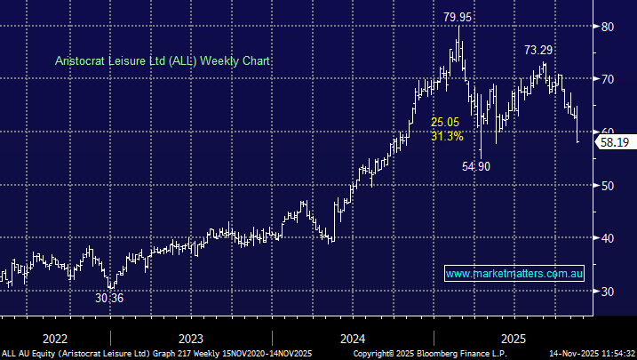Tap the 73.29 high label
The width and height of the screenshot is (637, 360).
(x=540, y=49)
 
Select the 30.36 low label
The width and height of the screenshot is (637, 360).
(x=109, y=299)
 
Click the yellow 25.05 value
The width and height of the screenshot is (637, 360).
(x=446, y=122)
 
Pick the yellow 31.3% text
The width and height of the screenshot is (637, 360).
(x=447, y=136)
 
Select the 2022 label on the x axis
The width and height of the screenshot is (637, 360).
(x=54, y=339)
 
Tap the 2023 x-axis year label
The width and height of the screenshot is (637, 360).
(x=190, y=339)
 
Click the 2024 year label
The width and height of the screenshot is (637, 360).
(x=353, y=339)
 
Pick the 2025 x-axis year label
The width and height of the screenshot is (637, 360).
(x=514, y=339)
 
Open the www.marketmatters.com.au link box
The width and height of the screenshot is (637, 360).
(x=514, y=274)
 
